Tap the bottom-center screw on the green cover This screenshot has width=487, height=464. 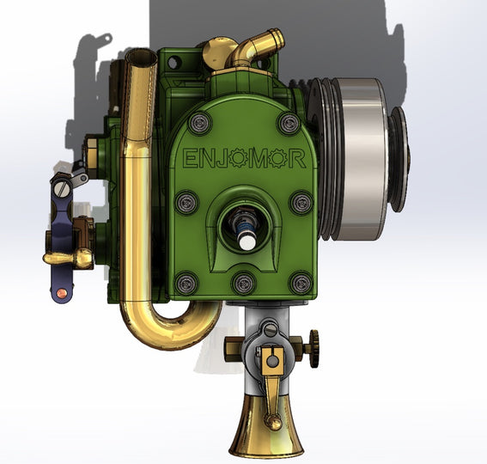click(244, 281)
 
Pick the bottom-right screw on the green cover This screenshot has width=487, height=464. click(301, 282)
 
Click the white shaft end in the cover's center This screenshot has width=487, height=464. click(246, 241)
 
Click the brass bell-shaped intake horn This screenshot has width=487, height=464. click(266, 434)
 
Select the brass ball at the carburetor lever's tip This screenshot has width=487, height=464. click(273, 421)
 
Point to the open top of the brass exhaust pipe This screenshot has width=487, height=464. click(141, 58)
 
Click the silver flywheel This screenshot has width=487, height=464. click(355, 159)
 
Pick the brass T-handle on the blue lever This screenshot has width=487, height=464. click(69, 257)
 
